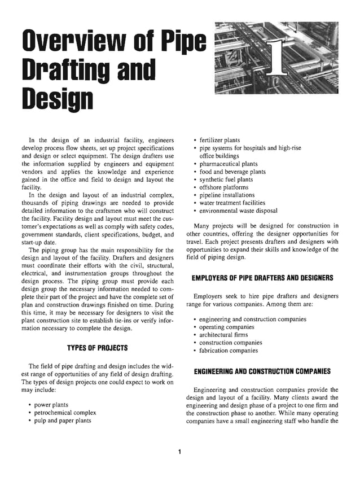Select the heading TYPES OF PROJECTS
(x=98, y=347)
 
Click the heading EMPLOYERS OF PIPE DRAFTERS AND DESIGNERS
(x=262, y=278)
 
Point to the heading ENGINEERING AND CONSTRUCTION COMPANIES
(x=262, y=371)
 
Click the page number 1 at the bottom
(x=179, y=451)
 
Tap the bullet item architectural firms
(x=224, y=335)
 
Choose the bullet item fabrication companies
(x=229, y=351)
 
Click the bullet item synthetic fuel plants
(x=226, y=180)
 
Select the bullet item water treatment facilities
(x=232, y=203)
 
